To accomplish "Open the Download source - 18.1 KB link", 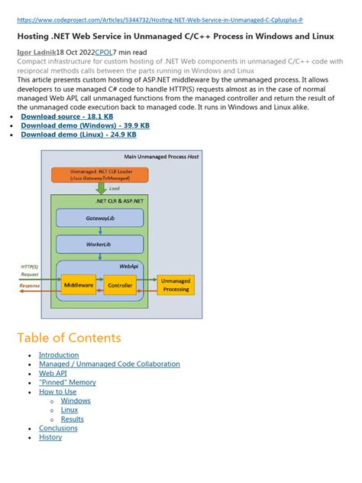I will [67, 116].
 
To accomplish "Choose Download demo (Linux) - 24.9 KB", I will [79, 135].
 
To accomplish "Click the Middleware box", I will [79, 285].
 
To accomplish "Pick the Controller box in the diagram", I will [119, 285].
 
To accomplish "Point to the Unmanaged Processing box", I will [175, 285].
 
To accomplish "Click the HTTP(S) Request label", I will [28, 271].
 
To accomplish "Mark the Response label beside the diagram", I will [30, 285].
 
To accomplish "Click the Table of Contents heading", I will [69, 338].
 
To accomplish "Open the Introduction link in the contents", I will [59, 355].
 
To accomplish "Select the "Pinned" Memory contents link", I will [67, 382].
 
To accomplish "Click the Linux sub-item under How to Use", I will [69, 410].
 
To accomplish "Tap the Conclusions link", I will [58, 428].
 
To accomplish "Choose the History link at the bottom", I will [50, 437].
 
